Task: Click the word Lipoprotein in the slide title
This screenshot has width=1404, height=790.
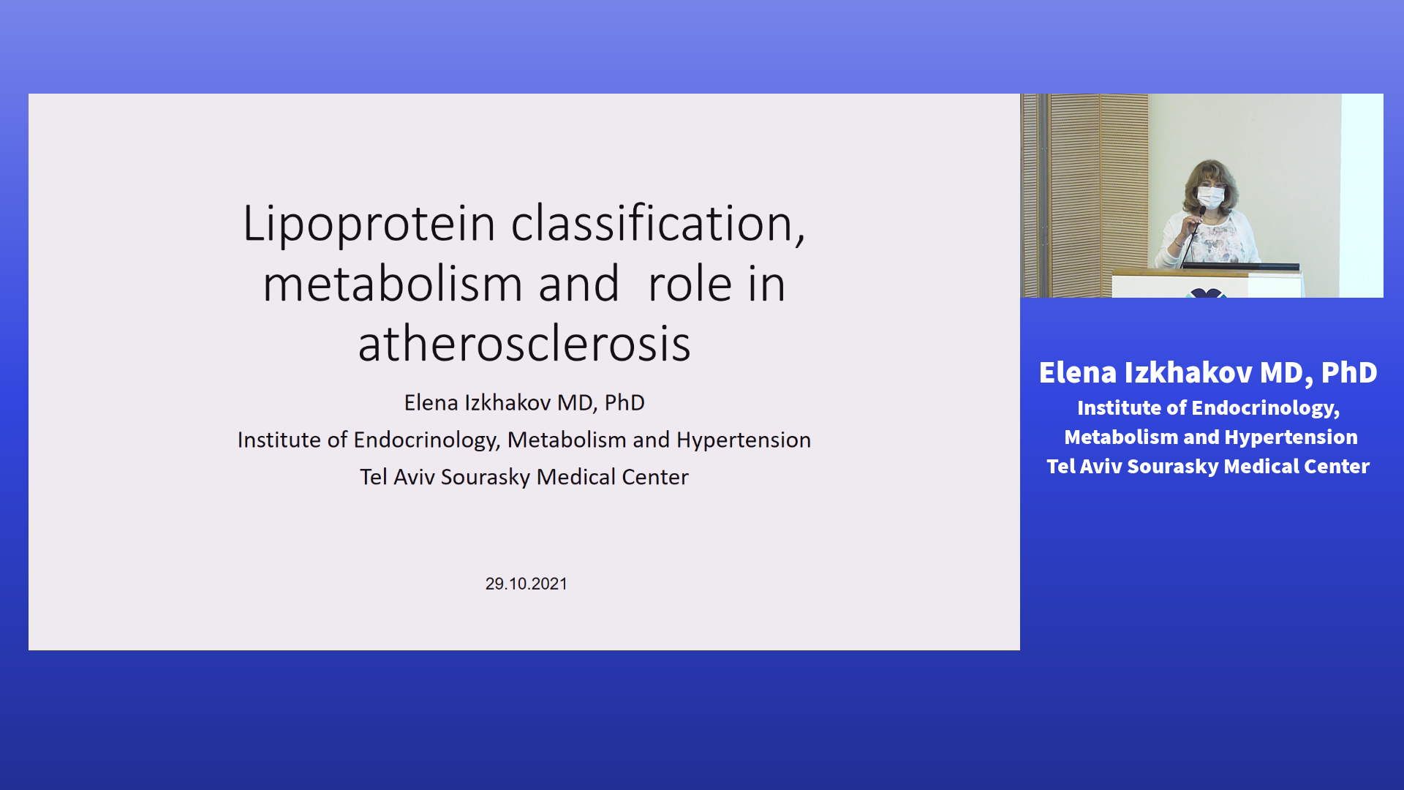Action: click(369, 224)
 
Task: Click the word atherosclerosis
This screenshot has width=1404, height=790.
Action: click(524, 344)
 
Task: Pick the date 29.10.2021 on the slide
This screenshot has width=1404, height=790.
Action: click(526, 584)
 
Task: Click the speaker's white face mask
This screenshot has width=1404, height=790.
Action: click(1210, 197)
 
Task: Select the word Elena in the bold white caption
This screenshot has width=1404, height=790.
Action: click(1078, 372)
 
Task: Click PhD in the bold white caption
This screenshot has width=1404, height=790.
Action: click(1349, 372)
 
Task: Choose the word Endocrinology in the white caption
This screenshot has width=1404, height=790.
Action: click(1270, 408)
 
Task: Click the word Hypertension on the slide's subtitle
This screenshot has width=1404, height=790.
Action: click(744, 440)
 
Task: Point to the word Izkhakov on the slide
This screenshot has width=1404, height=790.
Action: click(507, 402)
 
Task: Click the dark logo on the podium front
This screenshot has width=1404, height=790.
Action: click(1207, 293)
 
